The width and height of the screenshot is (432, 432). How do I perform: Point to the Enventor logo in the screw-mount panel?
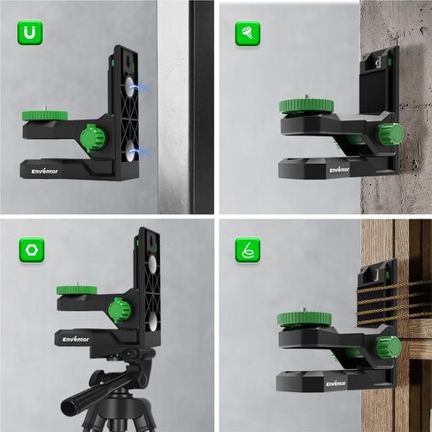point(339,168)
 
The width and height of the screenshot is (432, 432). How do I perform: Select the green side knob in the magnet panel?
point(91,138)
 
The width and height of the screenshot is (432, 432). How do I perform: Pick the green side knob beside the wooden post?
point(390,350)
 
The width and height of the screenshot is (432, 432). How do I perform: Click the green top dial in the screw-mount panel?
point(307,106)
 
